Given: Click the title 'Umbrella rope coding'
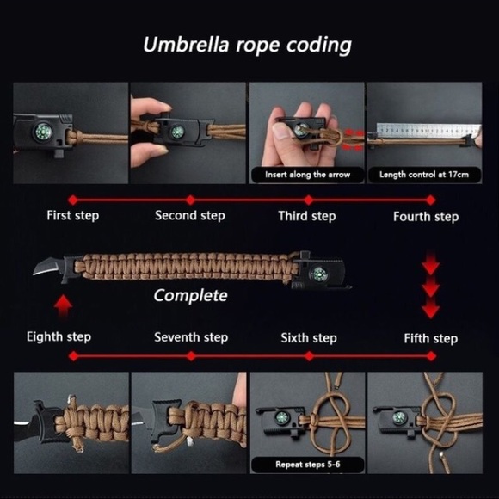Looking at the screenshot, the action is tap(247, 45).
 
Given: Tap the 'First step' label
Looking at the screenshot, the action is tap(73, 215).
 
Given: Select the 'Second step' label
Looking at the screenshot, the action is tap(190, 215).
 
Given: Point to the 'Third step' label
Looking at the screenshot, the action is tap(307, 216).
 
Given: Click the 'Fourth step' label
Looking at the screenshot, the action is tap(426, 217).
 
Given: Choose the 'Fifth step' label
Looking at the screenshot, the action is tap(431, 339).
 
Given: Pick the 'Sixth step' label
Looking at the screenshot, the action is tap(309, 338).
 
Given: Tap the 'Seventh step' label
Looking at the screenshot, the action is tap(191, 337).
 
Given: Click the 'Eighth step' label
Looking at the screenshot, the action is tap(59, 336).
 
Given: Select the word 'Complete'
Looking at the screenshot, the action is tap(191, 296).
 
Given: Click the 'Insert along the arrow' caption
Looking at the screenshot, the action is tap(307, 175).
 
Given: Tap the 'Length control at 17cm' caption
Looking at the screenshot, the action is tap(424, 175).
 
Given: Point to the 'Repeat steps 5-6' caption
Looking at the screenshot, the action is tap(308, 465).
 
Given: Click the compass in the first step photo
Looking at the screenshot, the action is tap(42, 131).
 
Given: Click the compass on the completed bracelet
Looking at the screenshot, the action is tap(318, 274).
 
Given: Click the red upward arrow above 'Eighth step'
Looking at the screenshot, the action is tap(63, 305).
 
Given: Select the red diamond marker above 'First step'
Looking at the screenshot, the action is tap(73, 200).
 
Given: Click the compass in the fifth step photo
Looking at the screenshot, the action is tap(399, 418).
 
